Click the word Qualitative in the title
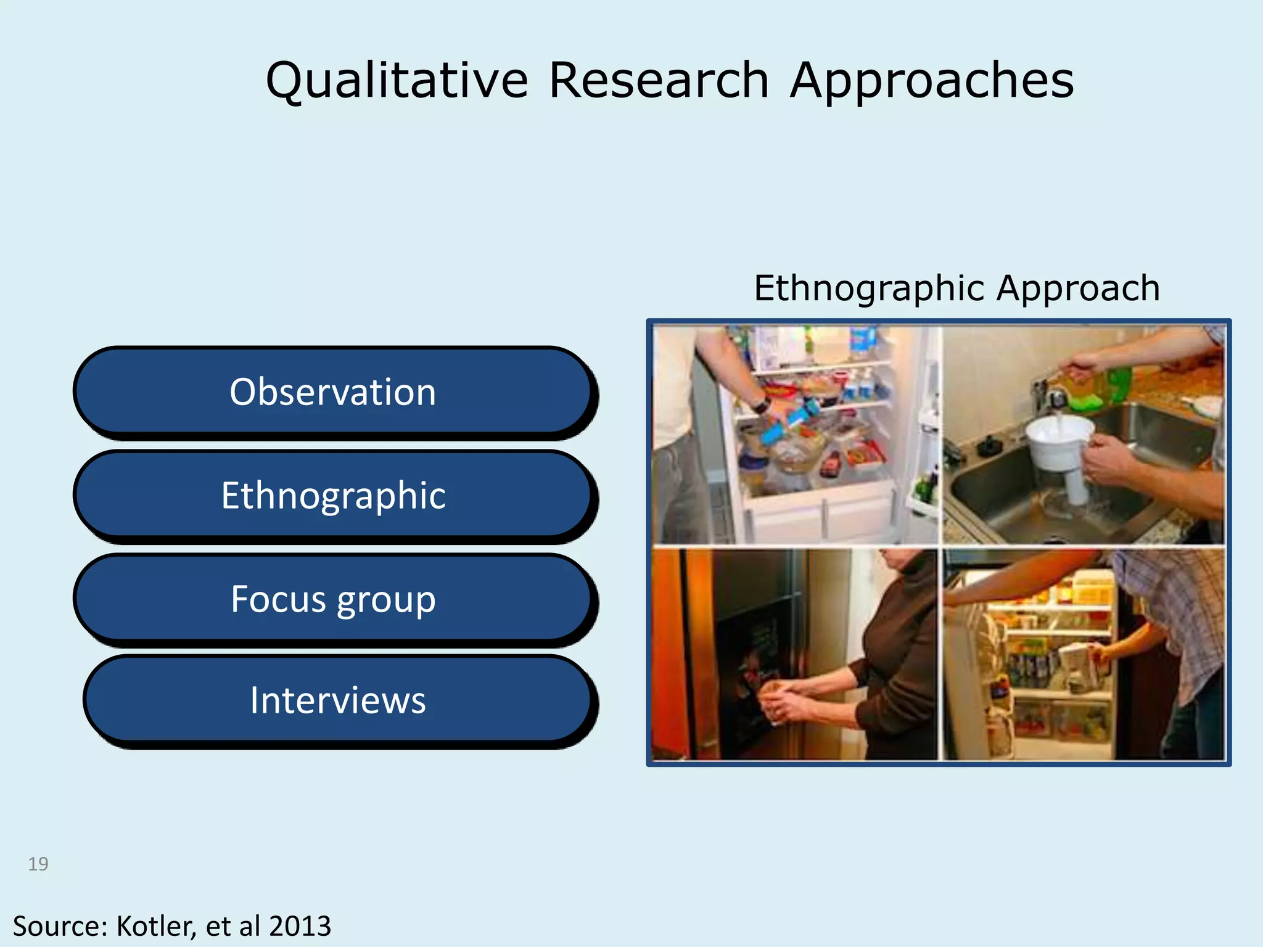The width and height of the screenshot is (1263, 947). pos(397,81)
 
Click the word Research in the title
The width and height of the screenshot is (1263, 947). pos(659,81)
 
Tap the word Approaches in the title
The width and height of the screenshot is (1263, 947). pos(932,81)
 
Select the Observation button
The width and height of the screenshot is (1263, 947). pos(333,392)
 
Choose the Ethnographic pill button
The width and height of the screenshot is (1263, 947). pos(333,495)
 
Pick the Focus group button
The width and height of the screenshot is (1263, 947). pos(333,599)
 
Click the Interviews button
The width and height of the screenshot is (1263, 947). pos(338,700)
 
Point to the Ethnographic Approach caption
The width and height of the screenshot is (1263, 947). pos(957,288)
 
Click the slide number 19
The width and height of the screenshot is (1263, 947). pos(38,864)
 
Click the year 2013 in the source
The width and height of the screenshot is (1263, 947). pos(300,926)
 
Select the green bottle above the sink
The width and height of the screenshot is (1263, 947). pos(1110,388)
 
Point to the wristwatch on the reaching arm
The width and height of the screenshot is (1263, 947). pos(762,405)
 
